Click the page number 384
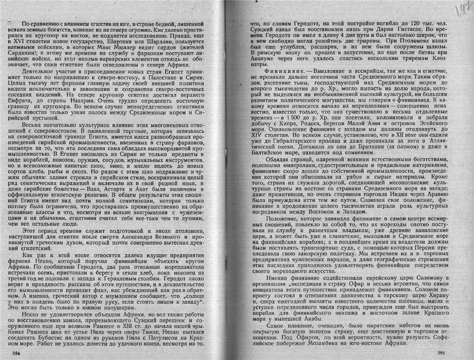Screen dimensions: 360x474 (x=16, y=352)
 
